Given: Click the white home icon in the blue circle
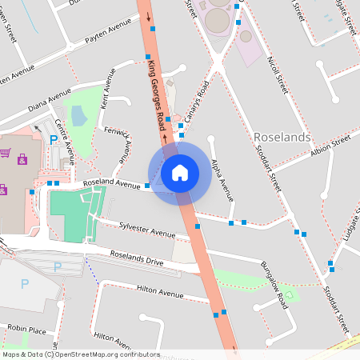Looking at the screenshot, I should pos(180,173).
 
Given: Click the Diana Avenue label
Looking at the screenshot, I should pos(50,105).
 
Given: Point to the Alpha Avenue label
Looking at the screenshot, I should pos(222,180).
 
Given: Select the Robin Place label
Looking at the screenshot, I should pos(26,329).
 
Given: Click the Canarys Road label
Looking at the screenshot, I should pos(196,106).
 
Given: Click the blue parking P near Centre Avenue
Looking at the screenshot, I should pos(54,141).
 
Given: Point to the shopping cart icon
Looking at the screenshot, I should pos(6,152).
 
